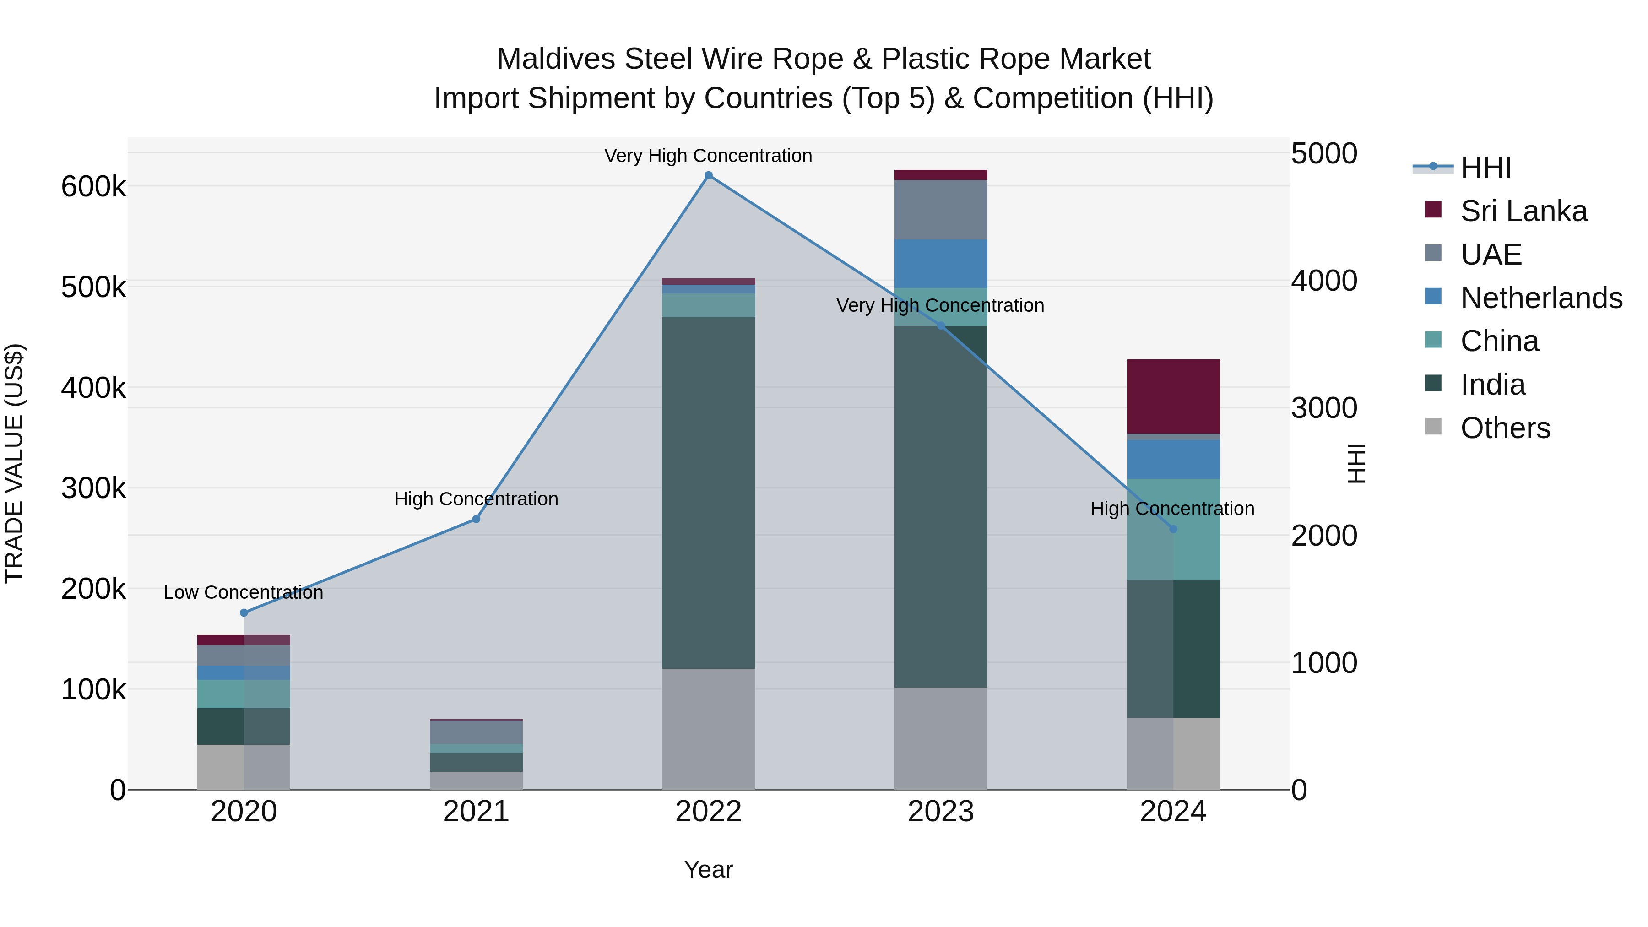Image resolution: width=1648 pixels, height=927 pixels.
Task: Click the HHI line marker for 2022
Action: pos(708,175)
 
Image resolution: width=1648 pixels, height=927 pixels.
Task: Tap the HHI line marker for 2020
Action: pos(244,613)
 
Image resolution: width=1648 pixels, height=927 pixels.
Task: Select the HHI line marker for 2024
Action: pos(1173,529)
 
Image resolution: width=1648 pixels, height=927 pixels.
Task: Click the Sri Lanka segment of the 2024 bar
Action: pos(1173,396)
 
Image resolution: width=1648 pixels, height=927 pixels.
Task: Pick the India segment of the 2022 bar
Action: pos(708,493)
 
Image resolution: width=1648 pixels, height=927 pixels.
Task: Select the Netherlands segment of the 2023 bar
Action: pos(940,264)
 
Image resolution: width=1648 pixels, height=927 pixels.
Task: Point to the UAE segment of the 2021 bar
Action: pos(476,732)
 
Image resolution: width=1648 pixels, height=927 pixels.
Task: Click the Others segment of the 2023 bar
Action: pos(940,738)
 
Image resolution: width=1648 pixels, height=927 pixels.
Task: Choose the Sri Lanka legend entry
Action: pos(1523,211)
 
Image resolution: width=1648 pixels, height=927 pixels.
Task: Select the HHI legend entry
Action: pos(1485,168)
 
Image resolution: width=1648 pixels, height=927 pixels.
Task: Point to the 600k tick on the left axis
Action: pos(93,187)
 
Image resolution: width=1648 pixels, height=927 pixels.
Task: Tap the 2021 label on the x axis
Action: pos(476,812)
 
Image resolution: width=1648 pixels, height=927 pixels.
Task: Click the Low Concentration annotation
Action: pos(243,592)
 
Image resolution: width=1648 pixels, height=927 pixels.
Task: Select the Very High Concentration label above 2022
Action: pos(708,156)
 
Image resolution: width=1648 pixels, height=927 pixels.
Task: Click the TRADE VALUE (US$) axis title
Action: pos(14,463)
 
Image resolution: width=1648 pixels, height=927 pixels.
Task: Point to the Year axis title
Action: pos(708,869)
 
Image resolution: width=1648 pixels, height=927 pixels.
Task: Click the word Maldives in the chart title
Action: pos(556,59)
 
